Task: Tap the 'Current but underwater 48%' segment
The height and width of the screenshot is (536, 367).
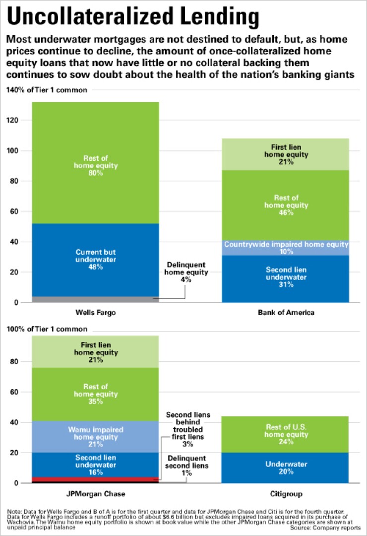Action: pyautogui.click(x=96, y=260)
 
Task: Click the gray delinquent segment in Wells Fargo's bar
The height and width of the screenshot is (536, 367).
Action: pyautogui.click(x=96, y=299)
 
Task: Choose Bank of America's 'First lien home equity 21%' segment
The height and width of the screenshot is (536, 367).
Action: pyautogui.click(x=286, y=154)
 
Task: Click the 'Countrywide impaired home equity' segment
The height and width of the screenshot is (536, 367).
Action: pyautogui.click(x=286, y=248)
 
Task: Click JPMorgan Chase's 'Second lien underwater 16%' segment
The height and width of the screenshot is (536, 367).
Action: pyautogui.click(x=96, y=465)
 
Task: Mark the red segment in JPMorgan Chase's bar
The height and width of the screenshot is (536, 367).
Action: pyautogui.click(x=96, y=479)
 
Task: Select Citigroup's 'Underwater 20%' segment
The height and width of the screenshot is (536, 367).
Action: pyautogui.click(x=286, y=469)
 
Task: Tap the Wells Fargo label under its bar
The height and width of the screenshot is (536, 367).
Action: pyautogui.click(x=96, y=313)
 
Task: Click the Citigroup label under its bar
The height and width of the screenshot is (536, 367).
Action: pyautogui.click(x=286, y=494)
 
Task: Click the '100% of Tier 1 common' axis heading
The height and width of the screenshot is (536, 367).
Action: pyautogui.click(x=47, y=329)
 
